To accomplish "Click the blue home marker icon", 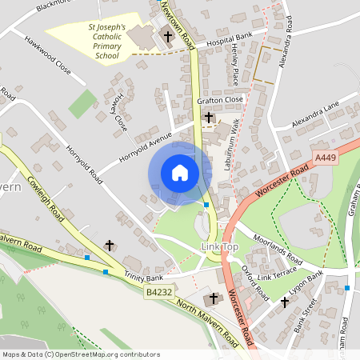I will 180,173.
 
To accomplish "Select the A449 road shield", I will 325,158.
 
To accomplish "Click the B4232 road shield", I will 160,294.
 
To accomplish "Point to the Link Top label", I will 220,247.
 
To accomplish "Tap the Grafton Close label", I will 219,100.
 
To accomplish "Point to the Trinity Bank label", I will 142,276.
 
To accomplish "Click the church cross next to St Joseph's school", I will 168,36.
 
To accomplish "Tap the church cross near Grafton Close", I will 209,118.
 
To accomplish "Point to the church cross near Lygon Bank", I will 285,302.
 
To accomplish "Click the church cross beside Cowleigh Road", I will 110,246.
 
